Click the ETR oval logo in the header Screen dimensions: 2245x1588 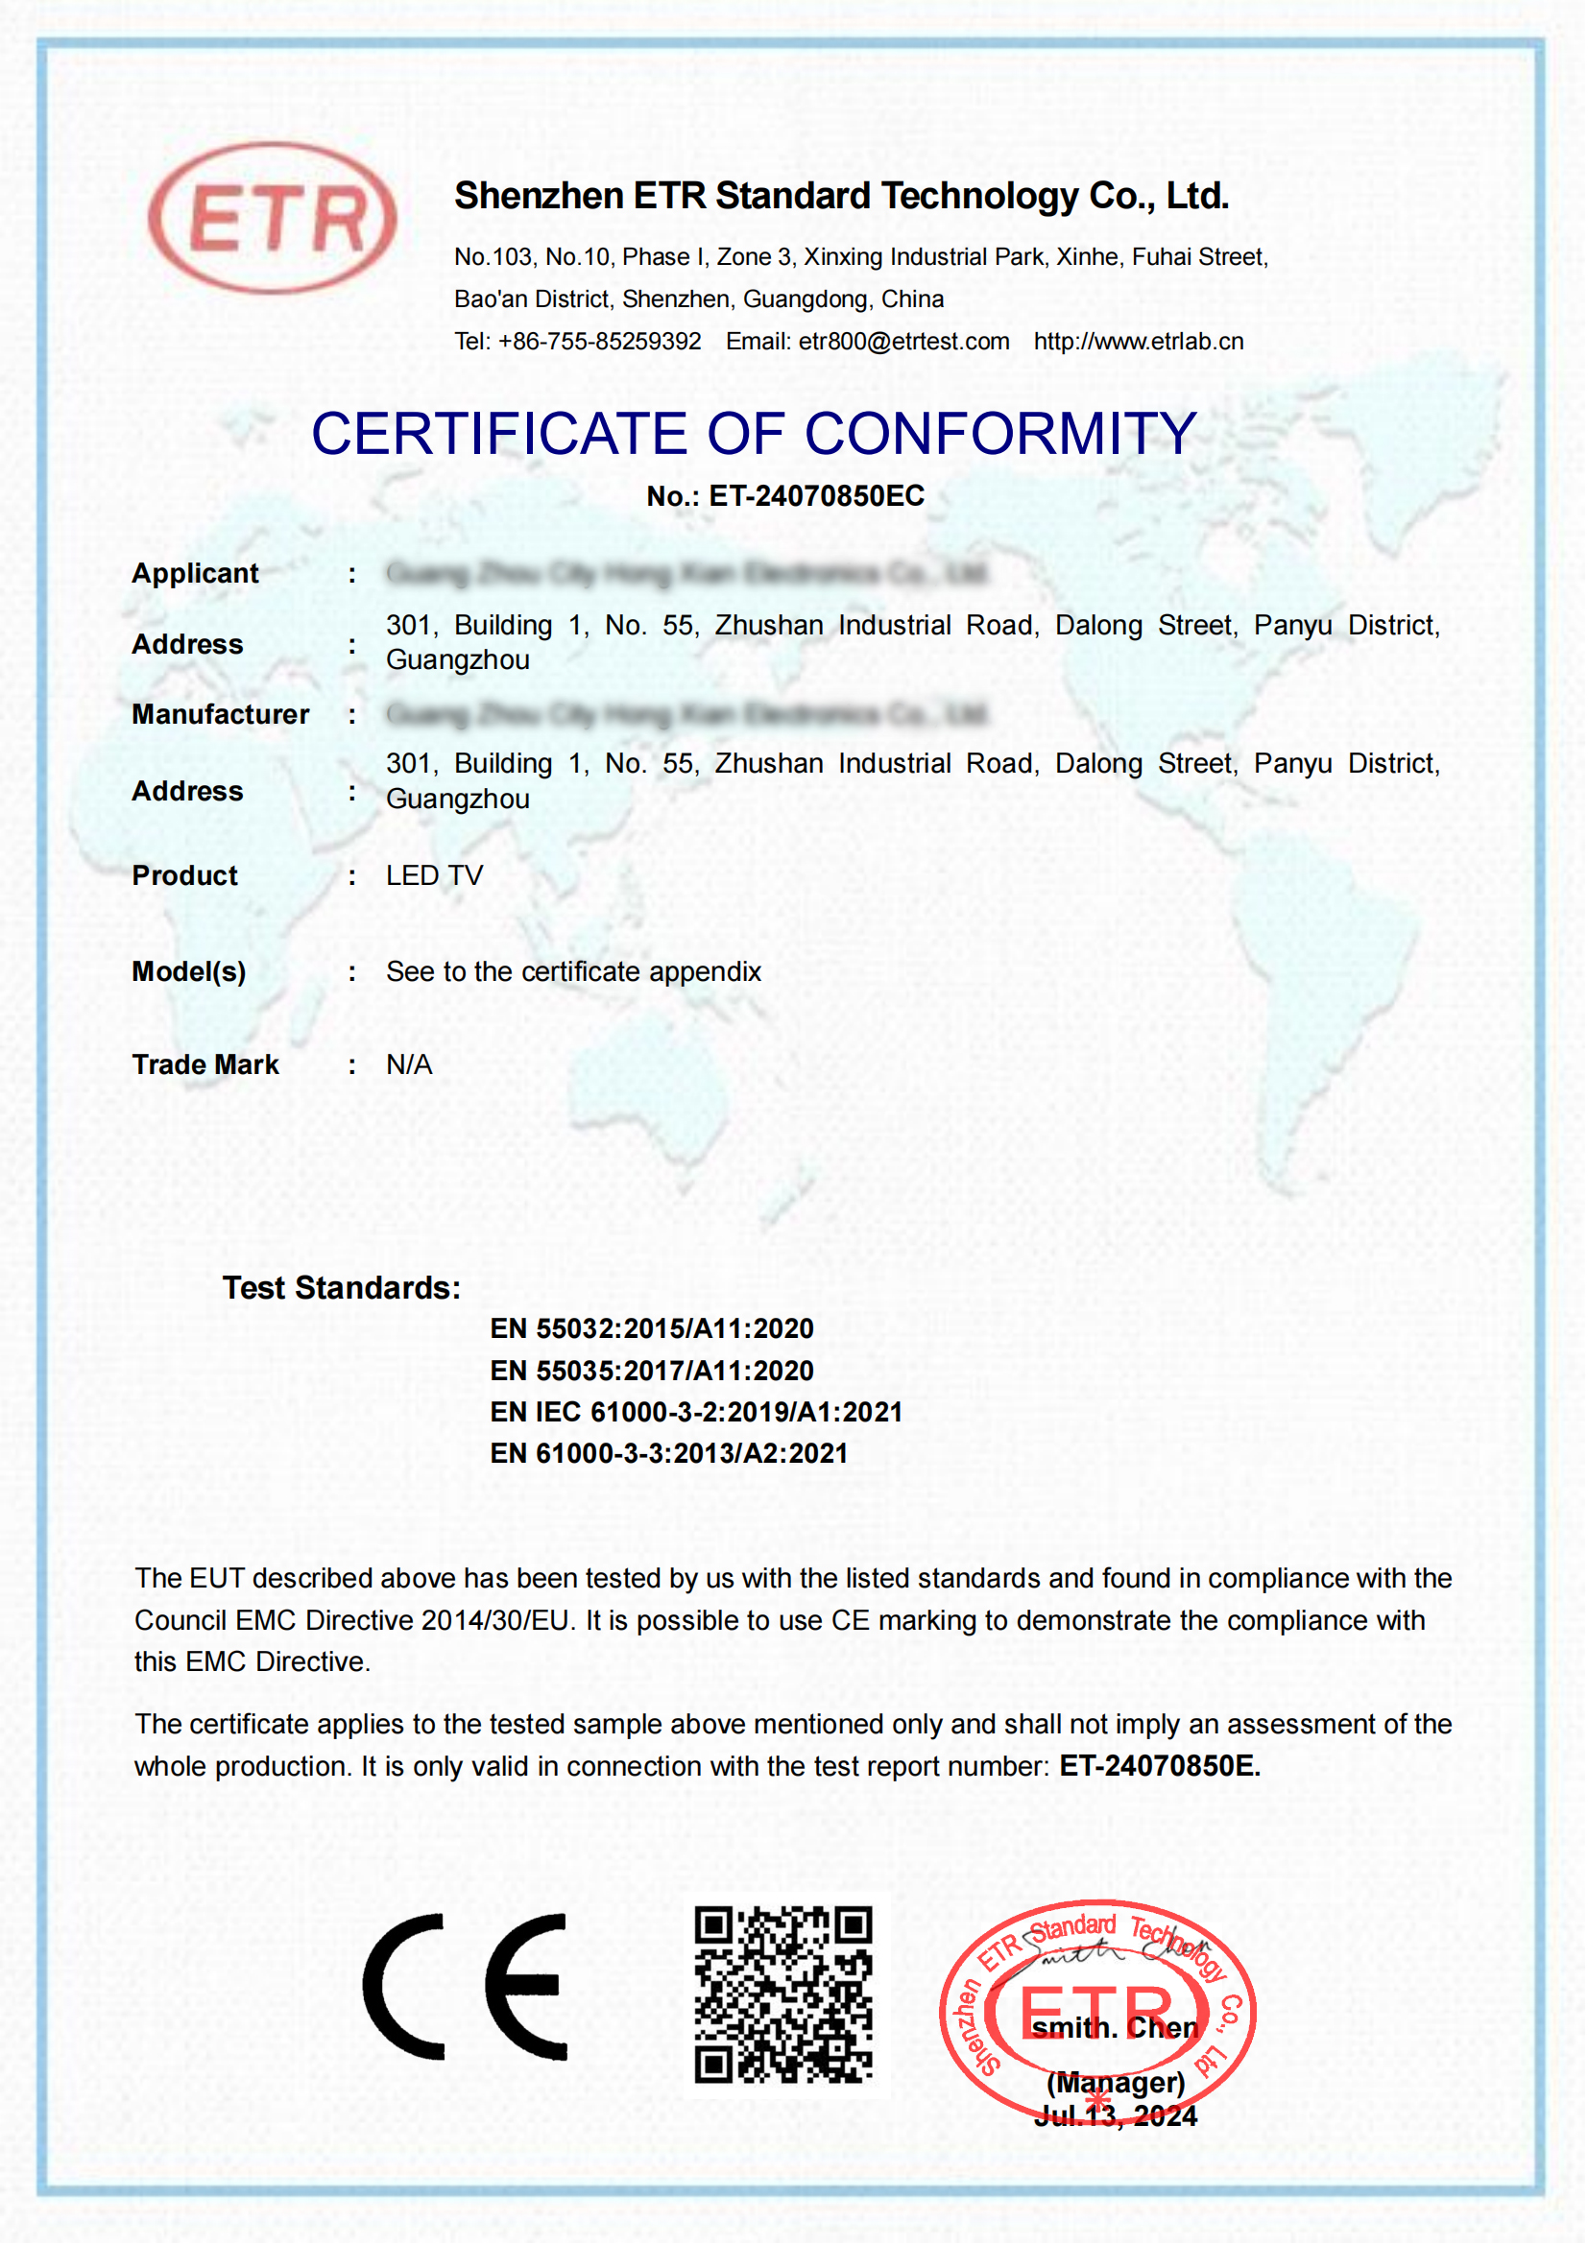point(273,218)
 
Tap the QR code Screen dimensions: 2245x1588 point(783,1994)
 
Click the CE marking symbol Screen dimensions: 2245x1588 point(466,1986)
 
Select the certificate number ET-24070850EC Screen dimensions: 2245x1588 point(815,497)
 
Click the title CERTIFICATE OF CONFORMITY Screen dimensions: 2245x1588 point(754,433)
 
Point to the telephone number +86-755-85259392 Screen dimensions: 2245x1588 point(599,343)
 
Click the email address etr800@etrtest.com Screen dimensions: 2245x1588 point(903,343)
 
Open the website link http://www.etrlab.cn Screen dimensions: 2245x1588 point(1139,343)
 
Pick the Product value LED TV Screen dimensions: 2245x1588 point(434,876)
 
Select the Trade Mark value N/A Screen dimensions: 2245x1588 point(409,1064)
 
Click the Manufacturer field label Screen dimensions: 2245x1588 point(220,715)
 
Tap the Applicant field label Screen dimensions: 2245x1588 point(196,574)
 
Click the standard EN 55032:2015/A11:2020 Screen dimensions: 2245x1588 point(651,1328)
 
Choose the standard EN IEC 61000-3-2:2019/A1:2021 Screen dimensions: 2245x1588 point(695,1413)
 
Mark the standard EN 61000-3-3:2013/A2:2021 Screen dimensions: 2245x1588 point(669,1454)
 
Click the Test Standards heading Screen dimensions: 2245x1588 point(341,1289)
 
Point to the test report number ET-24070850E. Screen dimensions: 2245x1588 point(1160,1767)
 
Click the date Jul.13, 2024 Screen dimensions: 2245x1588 point(1116,2117)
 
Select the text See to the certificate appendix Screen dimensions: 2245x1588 point(573,972)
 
